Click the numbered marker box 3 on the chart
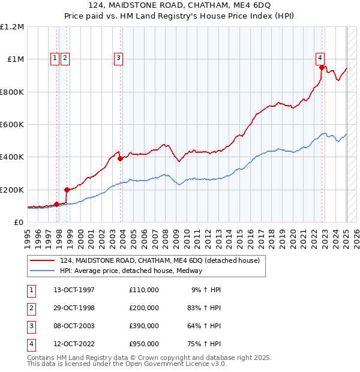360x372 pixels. (x=119, y=58)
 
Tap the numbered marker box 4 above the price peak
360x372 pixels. (x=320, y=58)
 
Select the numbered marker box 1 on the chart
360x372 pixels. (x=55, y=58)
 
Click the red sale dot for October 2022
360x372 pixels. (x=322, y=68)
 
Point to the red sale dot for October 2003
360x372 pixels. (x=121, y=159)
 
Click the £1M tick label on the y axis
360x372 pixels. (x=16, y=59)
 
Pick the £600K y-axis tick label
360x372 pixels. (x=13, y=125)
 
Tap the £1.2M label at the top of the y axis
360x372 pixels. (x=13, y=27)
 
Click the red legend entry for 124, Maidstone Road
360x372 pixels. (x=159, y=260)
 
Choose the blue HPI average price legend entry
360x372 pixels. (x=131, y=271)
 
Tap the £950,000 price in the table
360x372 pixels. (x=144, y=344)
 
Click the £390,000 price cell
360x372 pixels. (x=144, y=326)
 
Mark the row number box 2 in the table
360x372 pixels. (x=31, y=308)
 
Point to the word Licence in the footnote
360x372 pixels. (x=196, y=364)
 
